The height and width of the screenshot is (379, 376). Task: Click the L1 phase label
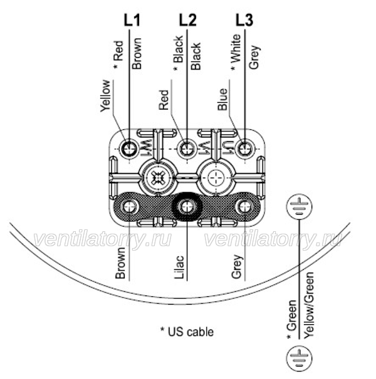(x=132, y=20)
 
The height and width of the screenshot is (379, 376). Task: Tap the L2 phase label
(x=187, y=20)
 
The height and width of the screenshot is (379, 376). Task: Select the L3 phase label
(x=244, y=20)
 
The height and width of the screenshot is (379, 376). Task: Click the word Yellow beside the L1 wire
(x=105, y=96)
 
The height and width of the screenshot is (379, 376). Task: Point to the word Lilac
(x=179, y=267)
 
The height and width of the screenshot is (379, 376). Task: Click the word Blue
(x=222, y=100)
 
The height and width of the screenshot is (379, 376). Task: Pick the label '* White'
(x=236, y=52)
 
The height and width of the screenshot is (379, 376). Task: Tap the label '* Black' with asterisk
(x=178, y=53)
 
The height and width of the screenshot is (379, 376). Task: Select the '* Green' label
(x=291, y=319)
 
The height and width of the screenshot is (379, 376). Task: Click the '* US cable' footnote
(x=187, y=331)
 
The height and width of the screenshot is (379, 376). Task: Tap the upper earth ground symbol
(x=300, y=207)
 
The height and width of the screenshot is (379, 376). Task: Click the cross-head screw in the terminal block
(x=158, y=178)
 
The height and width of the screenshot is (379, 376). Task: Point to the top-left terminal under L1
(x=129, y=148)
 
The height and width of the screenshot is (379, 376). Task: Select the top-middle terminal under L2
(x=187, y=148)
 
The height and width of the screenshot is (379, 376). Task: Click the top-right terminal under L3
(x=244, y=148)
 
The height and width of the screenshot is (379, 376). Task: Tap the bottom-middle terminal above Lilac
(x=187, y=207)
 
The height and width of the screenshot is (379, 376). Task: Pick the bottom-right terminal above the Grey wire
(x=244, y=207)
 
